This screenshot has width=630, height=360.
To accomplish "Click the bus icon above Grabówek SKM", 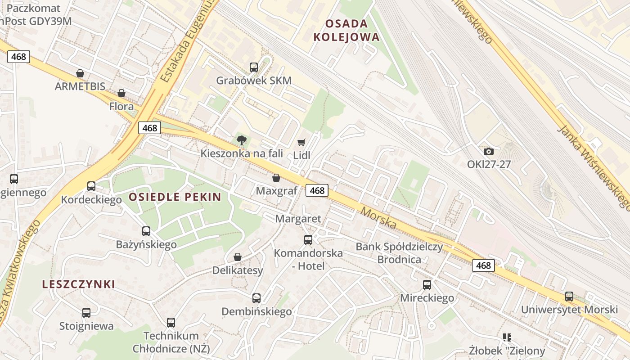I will (x=254, y=67).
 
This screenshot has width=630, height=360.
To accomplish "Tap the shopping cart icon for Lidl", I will (x=301, y=142).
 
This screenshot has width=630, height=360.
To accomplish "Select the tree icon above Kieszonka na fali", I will (x=242, y=140).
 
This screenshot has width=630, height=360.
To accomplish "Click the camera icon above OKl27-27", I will (x=488, y=151).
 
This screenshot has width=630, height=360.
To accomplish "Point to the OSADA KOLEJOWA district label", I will (x=346, y=30).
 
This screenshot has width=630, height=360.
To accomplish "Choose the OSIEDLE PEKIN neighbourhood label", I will (x=175, y=197).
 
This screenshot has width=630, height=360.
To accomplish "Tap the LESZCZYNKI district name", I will (x=79, y=284).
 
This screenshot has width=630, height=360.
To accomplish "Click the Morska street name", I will (x=378, y=218).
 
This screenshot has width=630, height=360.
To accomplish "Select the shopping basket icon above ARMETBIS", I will (x=80, y=73).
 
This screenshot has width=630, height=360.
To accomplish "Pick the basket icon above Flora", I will (x=121, y=93).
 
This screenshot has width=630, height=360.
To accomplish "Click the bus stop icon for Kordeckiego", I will (x=91, y=186).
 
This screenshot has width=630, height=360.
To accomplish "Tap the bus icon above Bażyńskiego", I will (x=146, y=231).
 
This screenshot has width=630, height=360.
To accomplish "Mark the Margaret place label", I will (x=298, y=219).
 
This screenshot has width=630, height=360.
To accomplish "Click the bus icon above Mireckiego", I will (x=427, y=284).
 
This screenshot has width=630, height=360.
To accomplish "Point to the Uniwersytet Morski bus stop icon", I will (x=569, y=297).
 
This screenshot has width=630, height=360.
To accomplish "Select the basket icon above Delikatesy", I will (x=238, y=257).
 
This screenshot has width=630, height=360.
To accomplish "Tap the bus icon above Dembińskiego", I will (x=256, y=298).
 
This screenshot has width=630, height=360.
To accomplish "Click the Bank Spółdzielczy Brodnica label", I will (x=399, y=253).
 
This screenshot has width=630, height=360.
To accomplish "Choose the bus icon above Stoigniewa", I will (x=86, y=312).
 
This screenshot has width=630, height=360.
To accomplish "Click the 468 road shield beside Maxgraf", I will (x=317, y=190).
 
